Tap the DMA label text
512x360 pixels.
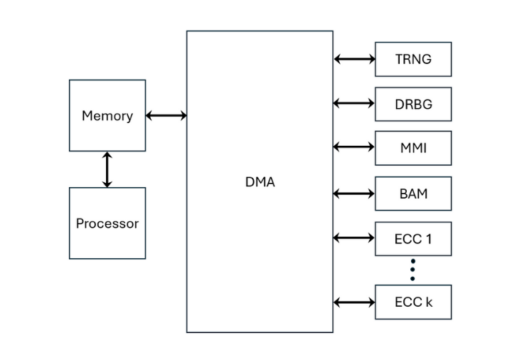pyautogui.click(x=260, y=182)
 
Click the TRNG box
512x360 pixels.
pyautogui.click(x=413, y=59)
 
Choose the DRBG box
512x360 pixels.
pyautogui.click(x=413, y=104)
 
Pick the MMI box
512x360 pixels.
pyautogui.click(x=413, y=148)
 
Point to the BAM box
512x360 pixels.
pyautogui.click(x=413, y=193)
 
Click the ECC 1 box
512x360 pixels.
pyautogui.click(x=413, y=238)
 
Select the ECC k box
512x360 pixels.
pyautogui.click(x=413, y=302)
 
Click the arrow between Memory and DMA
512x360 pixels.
pyautogui.click(x=166, y=115)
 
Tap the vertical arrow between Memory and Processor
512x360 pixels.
pyautogui.click(x=107, y=169)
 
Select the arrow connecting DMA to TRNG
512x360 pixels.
pyautogui.click(x=354, y=59)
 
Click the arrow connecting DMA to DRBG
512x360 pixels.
pyautogui.click(x=354, y=104)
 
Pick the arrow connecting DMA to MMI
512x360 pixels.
pyautogui.click(x=354, y=147)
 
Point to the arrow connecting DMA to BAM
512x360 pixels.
pyautogui.click(x=354, y=193)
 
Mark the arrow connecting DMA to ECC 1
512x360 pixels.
pyautogui.click(x=354, y=238)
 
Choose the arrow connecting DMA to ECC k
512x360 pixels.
pyautogui.click(x=354, y=302)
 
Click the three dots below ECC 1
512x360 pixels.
pyautogui.click(x=412, y=270)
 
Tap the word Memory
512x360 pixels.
pyautogui.click(x=107, y=115)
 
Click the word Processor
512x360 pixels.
pyautogui.click(x=107, y=223)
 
